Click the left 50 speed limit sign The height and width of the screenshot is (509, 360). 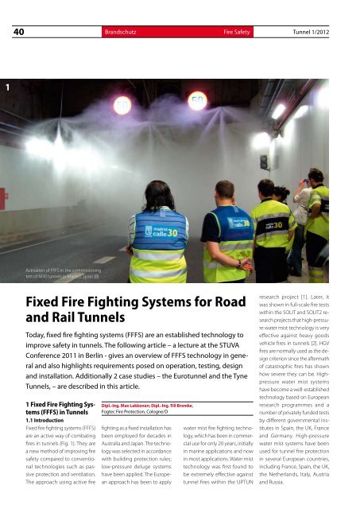(123, 103)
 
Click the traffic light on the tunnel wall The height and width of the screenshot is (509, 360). (263, 162)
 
